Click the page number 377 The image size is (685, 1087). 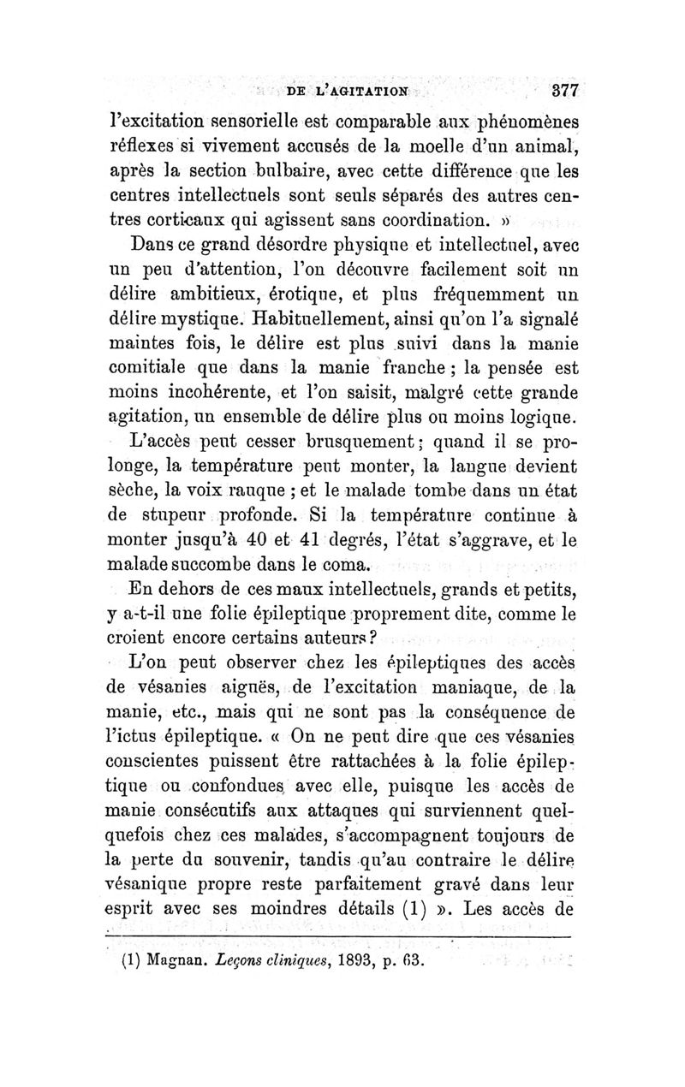click(566, 91)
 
